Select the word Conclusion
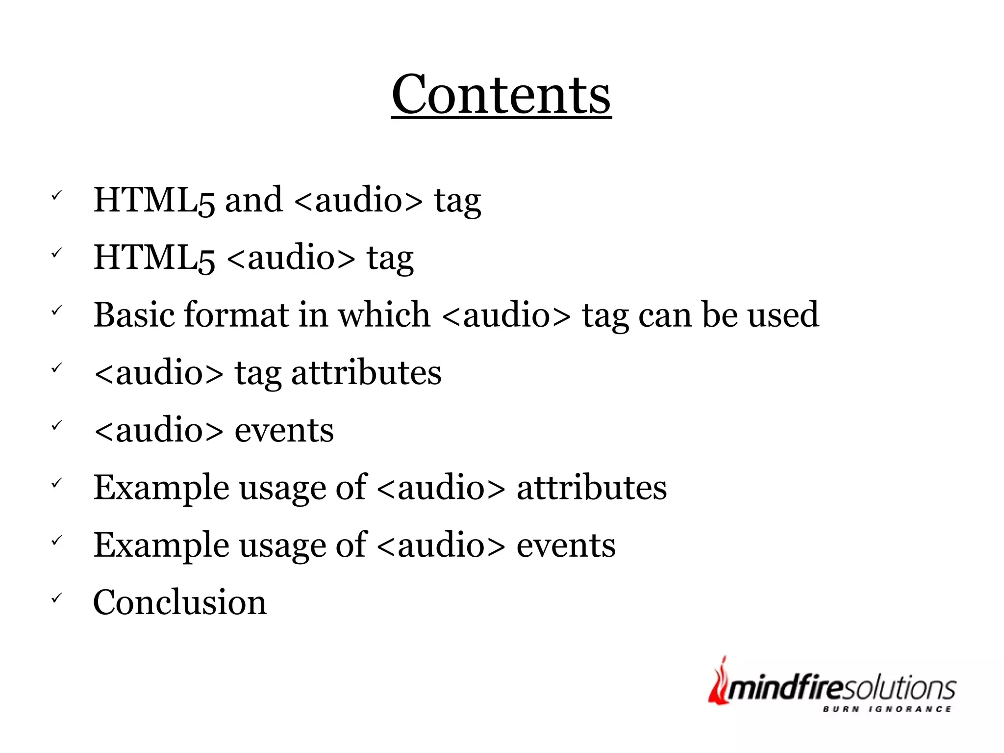click(180, 602)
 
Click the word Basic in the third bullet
click(134, 314)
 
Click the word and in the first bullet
click(253, 200)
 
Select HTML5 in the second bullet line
click(154, 258)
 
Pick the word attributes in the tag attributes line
click(366, 372)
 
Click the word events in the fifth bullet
click(284, 430)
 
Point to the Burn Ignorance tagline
click(887, 709)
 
